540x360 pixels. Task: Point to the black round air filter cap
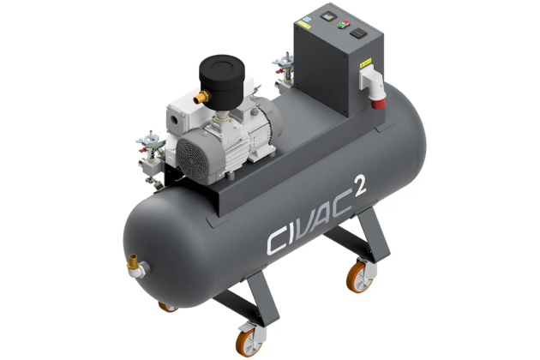224,66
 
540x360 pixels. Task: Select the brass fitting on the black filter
201,99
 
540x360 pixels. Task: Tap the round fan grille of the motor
189,153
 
